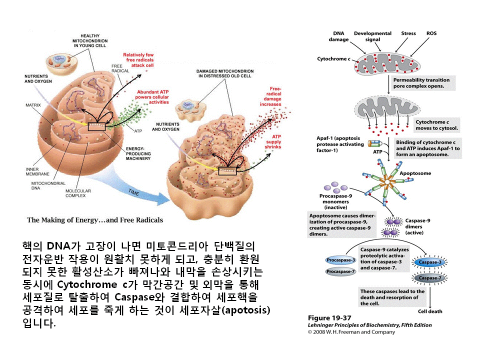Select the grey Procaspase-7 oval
pyautogui.click(x=340, y=272)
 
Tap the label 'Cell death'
pyautogui.click(x=429, y=311)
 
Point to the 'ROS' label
pyautogui.click(x=431, y=33)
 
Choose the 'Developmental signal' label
pyautogui.click(x=372, y=36)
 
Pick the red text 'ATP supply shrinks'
pyautogui.click(x=276, y=141)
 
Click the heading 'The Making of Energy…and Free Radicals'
pyautogui.click(x=95, y=220)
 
